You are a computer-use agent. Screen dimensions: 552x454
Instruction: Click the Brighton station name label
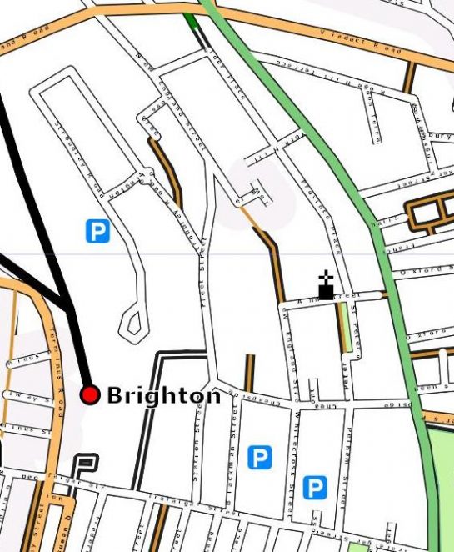click(163, 395)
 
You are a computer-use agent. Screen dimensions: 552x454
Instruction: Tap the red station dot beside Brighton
click(90, 394)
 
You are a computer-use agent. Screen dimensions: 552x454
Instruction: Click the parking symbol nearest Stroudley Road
click(97, 230)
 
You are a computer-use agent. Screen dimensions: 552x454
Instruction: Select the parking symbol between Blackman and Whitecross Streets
click(260, 457)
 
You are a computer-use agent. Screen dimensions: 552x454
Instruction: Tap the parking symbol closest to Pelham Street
click(314, 488)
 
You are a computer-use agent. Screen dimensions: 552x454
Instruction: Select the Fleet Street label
click(203, 284)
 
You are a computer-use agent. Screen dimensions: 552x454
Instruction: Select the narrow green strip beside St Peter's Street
click(342, 328)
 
